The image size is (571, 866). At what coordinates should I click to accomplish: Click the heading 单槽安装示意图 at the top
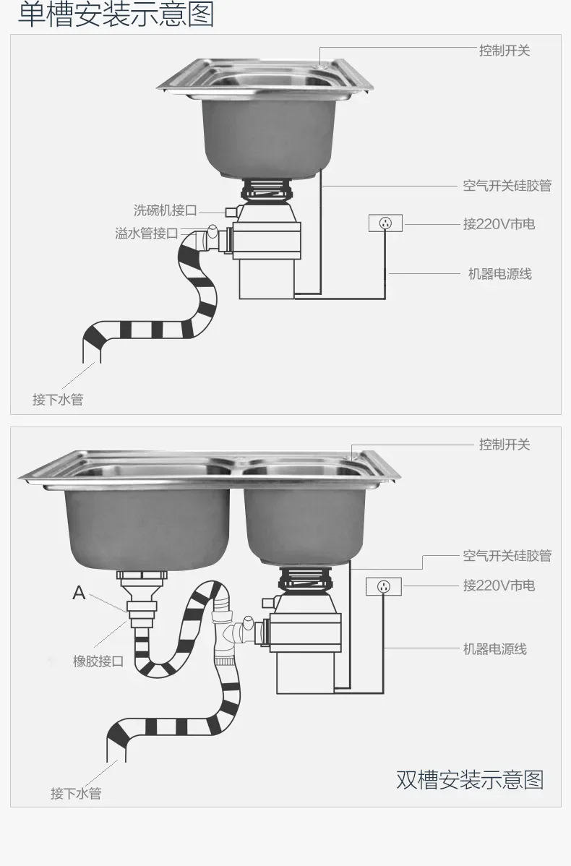pos(116,14)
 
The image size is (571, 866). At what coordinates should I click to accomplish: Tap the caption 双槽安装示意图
pos(469,780)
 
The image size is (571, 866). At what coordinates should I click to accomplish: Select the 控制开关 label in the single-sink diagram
pos(504,51)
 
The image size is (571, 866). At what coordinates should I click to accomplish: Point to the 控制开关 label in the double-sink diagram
pos(504,445)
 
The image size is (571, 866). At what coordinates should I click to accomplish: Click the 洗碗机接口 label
pos(165,210)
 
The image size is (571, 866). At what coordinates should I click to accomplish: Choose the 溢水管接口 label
pos(146,233)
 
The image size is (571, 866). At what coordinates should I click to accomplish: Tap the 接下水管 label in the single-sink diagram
pos(58,400)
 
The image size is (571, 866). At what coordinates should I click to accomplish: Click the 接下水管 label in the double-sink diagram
pos(76,794)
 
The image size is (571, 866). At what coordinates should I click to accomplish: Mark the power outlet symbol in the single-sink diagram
pos(385,223)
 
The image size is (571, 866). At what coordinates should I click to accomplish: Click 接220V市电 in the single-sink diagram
pos(499,224)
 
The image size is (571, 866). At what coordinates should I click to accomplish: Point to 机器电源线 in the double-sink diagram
pos(494,649)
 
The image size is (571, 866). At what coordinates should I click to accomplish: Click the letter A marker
pos(79,593)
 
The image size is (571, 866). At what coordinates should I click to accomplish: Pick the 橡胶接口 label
pos(98,661)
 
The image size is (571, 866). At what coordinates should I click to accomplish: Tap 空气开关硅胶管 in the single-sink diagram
pos(507,186)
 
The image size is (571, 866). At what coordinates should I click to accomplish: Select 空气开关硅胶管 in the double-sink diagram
pos(507,555)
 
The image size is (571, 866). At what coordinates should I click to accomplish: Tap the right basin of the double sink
pos(304,517)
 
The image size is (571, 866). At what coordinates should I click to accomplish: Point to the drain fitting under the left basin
pos(142,593)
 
